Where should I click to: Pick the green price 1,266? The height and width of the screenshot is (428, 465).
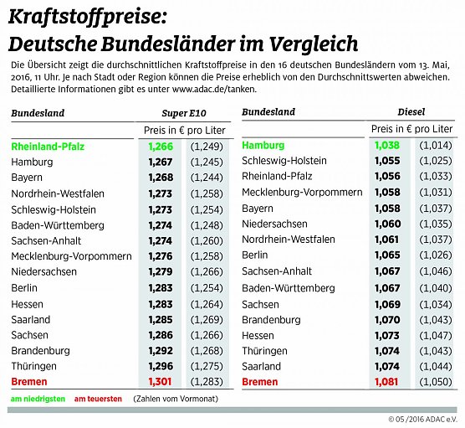(x=160, y=146)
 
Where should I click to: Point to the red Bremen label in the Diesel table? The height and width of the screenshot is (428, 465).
(x=261, y=382)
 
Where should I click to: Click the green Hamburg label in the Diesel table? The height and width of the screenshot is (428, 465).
(x=263, y=145)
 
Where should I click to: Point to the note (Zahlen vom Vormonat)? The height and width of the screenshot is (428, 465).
(x=173, y=400)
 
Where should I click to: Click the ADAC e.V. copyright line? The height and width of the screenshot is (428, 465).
(x=422, y=419)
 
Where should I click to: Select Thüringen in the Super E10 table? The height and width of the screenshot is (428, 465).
(x=35, y=366)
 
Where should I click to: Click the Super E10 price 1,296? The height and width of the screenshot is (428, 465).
(x=160, y=366)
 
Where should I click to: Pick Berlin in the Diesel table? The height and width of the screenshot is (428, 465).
(x=255, y=255)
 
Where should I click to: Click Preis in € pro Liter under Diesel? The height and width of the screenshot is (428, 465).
(x=412, y=129)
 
